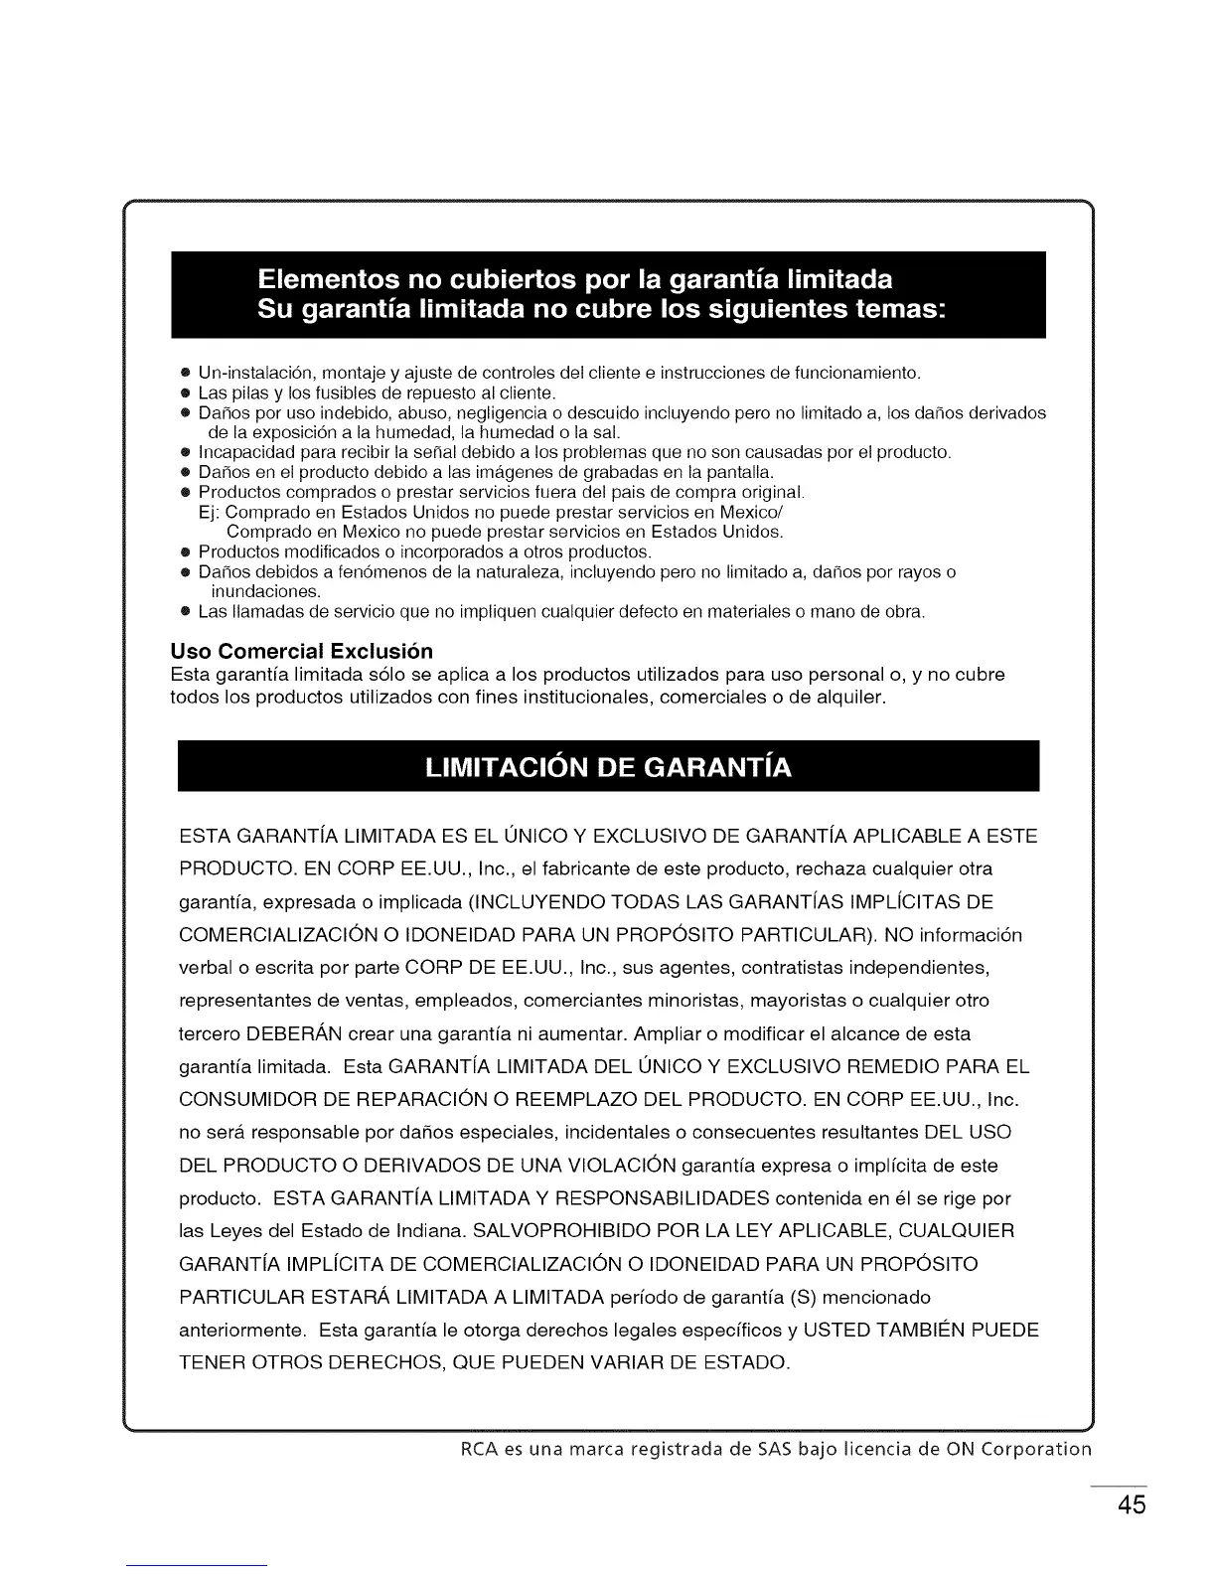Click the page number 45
[x=1131, y=1503]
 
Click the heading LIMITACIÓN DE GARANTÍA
[x=608, y=768]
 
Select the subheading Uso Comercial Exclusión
[x=302, y=652]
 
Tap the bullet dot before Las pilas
[x=185, y=393]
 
